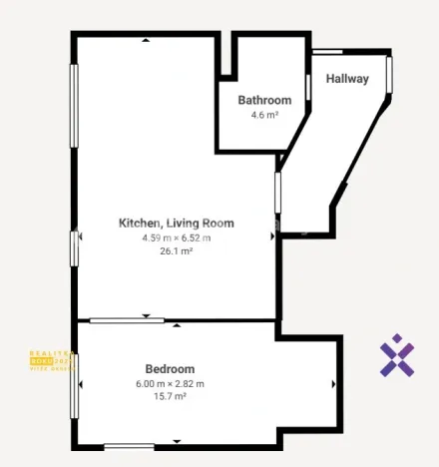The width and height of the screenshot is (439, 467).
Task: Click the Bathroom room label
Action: point(264,100)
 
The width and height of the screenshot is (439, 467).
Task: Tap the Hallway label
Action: point(347,79)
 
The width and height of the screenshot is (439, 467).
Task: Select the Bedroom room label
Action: point(170,368)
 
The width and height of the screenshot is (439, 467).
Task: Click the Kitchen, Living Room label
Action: point(176,223)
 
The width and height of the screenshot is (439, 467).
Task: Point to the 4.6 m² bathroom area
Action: point(264,115)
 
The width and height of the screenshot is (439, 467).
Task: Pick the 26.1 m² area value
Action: point(176,251)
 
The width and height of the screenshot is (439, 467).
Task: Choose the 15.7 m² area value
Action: point(170,396)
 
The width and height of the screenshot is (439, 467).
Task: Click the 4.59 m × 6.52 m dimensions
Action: point(176,237)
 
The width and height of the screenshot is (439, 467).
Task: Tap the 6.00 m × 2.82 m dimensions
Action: point(170,383)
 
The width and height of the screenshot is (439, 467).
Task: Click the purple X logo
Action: point(397,356)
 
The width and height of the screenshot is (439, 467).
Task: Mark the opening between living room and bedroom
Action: point(127,320)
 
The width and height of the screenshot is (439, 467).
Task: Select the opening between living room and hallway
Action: point(278,193)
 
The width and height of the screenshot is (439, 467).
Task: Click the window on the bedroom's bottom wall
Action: point(129,446)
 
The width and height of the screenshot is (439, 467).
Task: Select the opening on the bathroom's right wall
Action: point(308,85)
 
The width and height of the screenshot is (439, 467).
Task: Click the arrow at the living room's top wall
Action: point(146,41)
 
